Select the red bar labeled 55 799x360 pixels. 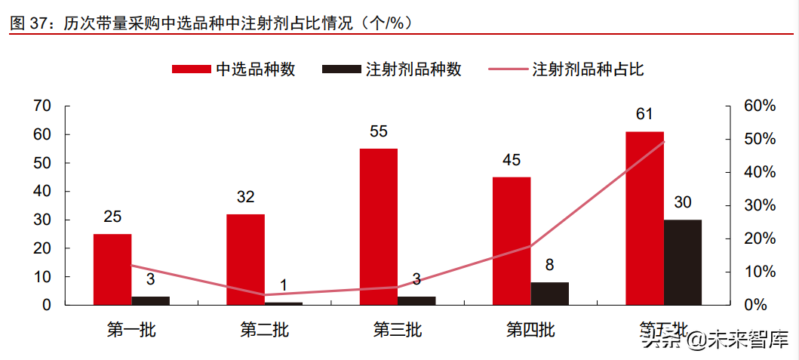[x=378, y=226]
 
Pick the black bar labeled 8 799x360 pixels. [x=550, y=294]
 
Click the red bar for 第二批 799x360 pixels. [x=245, y=260]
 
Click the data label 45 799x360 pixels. [x=512, y=160]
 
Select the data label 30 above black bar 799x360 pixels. [x=683, y=202]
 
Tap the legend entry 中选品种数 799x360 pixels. [x=234, y=69]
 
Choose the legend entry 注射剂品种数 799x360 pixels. [x=392, y=69]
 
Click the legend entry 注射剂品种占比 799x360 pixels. [x=567, y=69]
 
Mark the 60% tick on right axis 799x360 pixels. [x=759, y=106]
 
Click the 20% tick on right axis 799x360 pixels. [x=759, y=238]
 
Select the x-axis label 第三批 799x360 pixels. [x=398, y=330]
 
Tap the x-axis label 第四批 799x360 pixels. [x=530, y=330]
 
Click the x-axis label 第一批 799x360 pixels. [x=131, y=330]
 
